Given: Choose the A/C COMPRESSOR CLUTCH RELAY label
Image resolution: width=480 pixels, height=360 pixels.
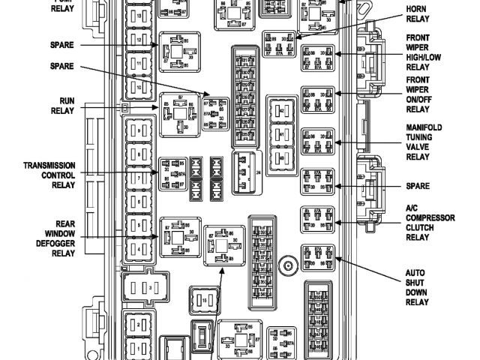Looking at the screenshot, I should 430,223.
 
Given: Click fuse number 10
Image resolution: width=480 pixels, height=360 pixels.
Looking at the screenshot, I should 136,88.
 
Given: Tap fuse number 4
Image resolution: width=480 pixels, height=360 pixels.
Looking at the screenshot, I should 136,247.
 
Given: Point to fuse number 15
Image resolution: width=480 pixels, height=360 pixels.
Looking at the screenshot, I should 203,300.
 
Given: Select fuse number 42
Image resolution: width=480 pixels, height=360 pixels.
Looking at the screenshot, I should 281,110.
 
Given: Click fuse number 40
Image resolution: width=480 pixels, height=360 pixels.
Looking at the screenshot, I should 281,158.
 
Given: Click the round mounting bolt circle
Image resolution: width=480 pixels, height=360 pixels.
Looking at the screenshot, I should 286,265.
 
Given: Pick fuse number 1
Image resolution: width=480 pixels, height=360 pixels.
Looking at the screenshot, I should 136,347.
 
